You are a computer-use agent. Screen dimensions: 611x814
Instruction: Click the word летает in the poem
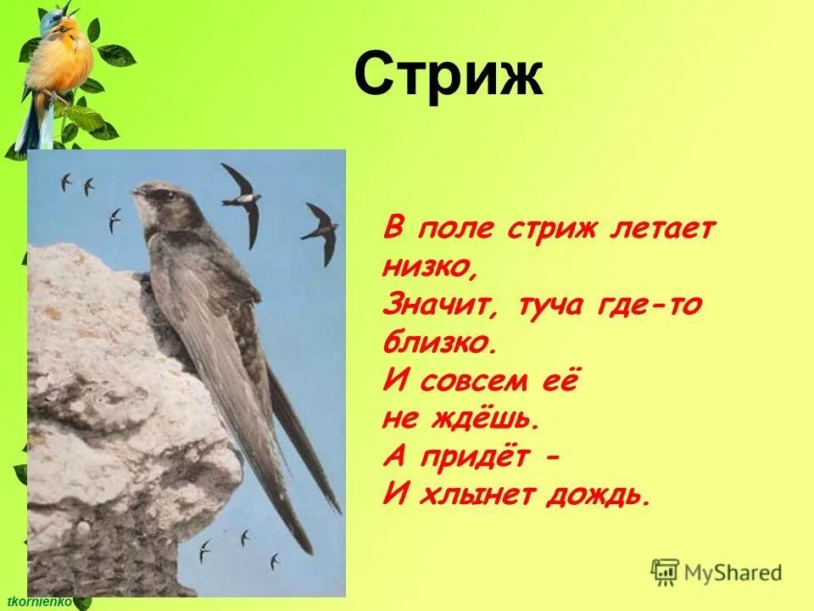(661, 229)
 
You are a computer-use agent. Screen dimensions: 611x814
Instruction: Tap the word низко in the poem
(430, 267)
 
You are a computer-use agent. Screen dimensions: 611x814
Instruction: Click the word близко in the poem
(438, 343)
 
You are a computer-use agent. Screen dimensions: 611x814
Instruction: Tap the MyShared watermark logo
(716, 572)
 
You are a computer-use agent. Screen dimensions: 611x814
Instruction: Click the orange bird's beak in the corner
(74, 12)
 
